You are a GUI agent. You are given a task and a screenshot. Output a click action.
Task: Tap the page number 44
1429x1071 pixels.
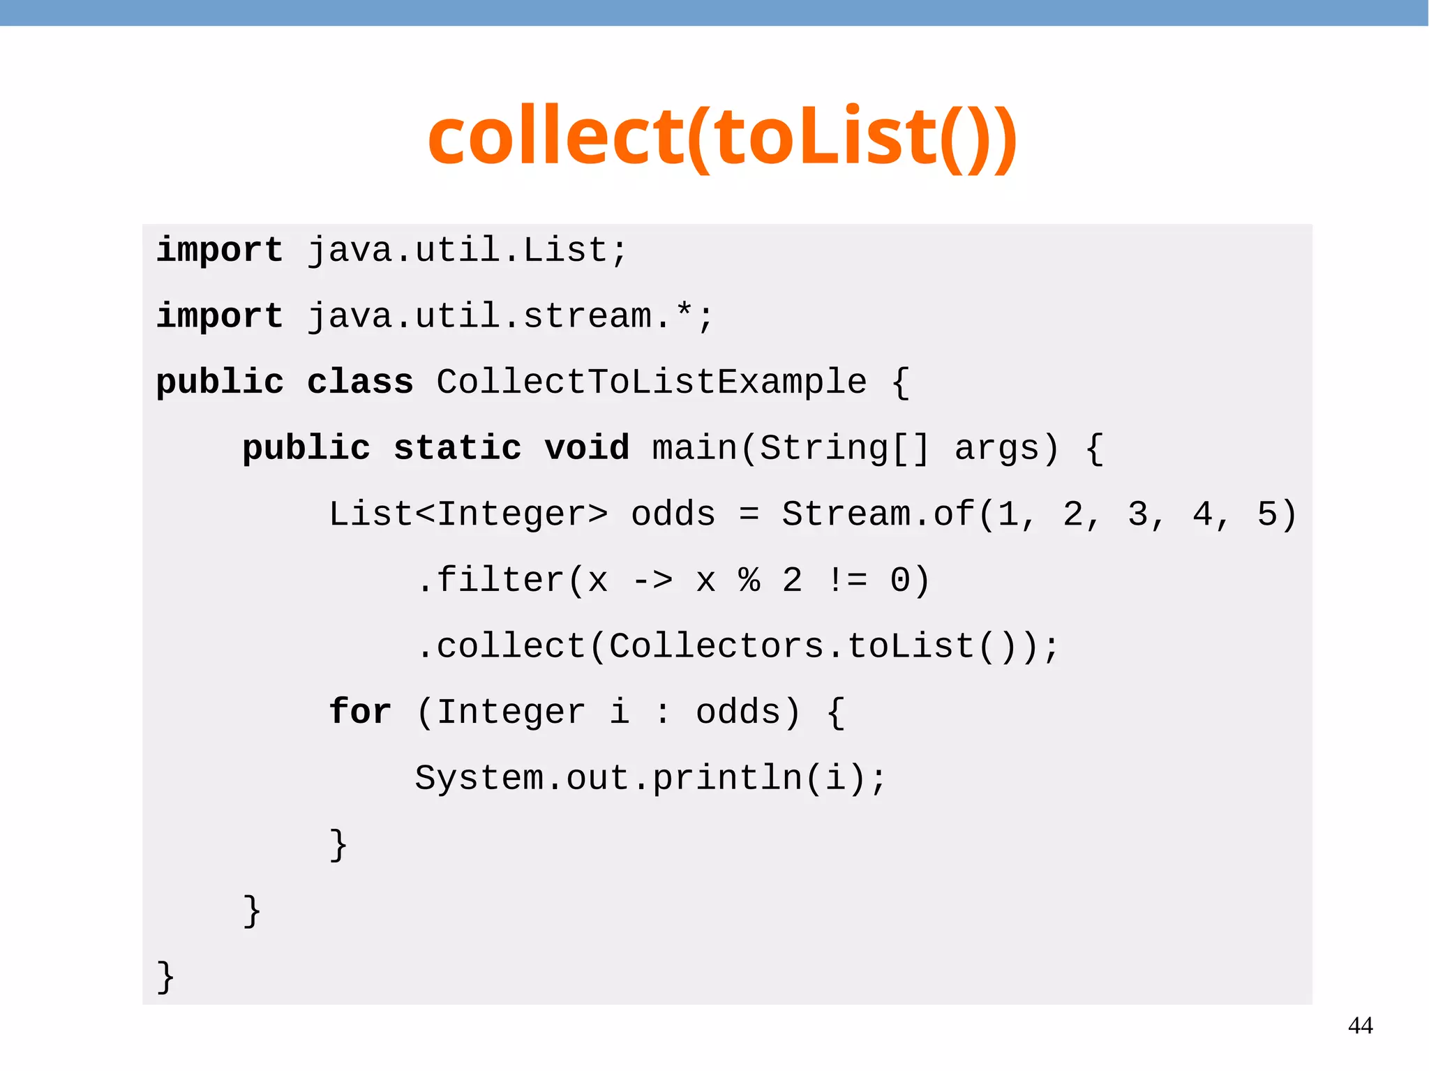coord(1360,1026)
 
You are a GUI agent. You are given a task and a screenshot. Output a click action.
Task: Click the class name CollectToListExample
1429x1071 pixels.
coord(651,382)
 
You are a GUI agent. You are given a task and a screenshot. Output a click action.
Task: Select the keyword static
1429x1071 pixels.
coord(457,448)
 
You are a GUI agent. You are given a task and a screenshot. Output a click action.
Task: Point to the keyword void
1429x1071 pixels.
coord(587,448)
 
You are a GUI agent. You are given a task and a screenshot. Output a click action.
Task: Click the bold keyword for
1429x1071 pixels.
coord(360,712)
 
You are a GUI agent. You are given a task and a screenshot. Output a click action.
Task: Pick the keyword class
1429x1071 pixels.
coord(360,382)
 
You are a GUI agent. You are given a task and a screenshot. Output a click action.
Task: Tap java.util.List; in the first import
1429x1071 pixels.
coord(467,250)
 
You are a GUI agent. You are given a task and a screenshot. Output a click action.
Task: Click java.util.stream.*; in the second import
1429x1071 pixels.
coord(511,316)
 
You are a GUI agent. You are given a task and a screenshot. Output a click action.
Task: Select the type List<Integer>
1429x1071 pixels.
coord(467,514)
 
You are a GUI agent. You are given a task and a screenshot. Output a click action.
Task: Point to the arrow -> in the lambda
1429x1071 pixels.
coord(652,581)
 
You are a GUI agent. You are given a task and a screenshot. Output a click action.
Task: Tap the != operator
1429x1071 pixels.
coord(846,581)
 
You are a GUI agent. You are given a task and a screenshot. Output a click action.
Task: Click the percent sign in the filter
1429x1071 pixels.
coord(749,581)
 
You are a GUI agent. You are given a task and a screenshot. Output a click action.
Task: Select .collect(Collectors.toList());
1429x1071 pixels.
coord(737,646)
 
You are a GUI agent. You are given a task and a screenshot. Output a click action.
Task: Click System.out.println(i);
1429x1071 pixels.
coord(650,778)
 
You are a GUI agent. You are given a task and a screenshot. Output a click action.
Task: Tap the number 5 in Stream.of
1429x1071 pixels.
coord(1267,514)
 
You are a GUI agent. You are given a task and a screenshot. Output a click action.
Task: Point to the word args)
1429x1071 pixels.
coord(1007,448)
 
